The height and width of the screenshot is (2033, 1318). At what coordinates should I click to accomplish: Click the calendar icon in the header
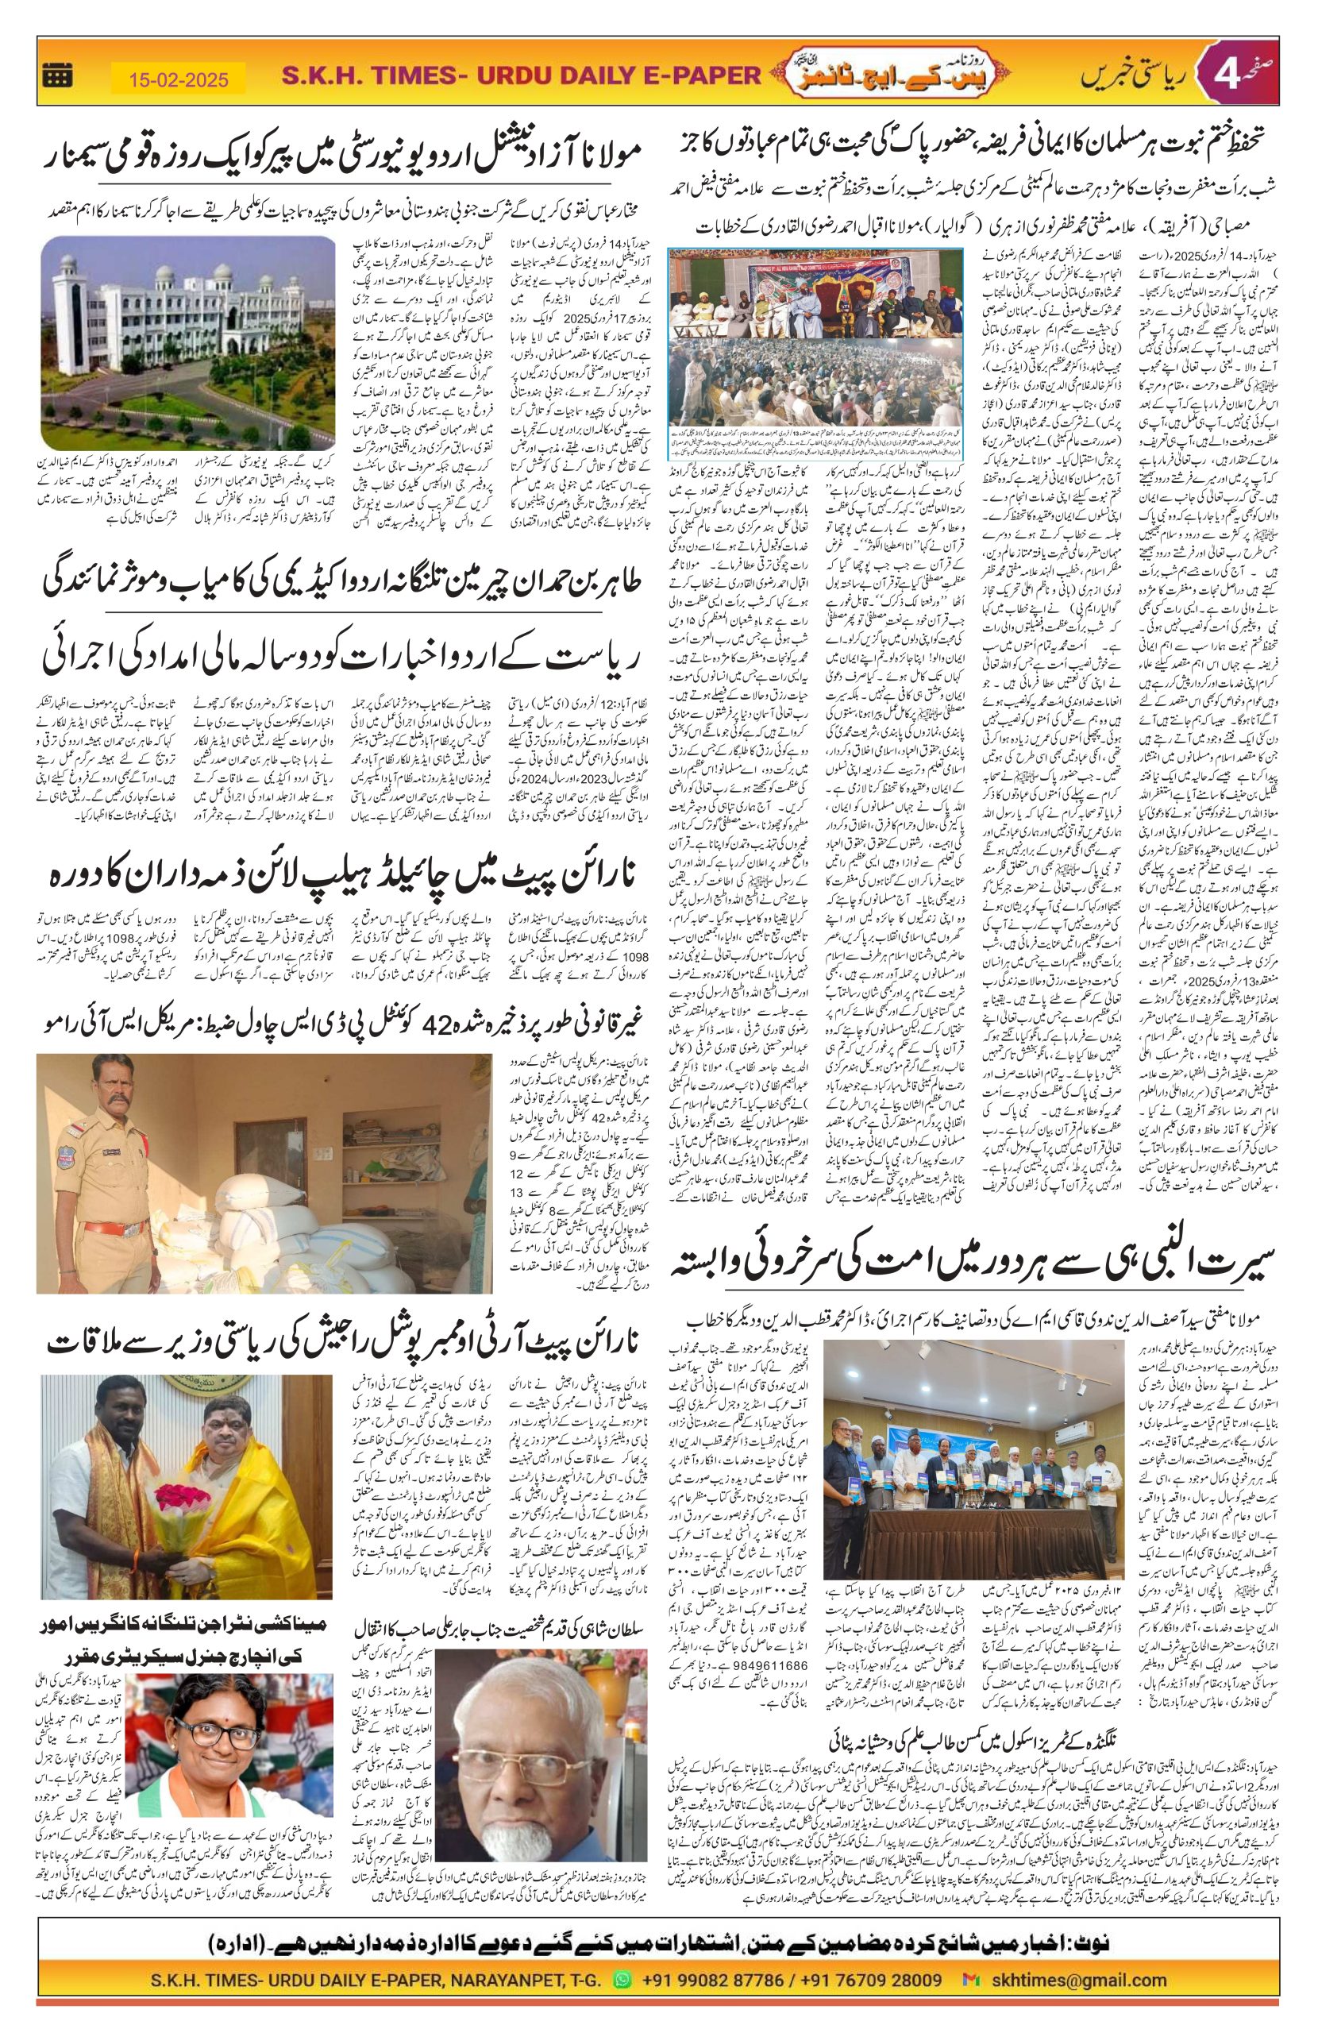(x=57, y=76)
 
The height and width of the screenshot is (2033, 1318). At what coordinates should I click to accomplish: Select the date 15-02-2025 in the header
(x=179, y=79)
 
